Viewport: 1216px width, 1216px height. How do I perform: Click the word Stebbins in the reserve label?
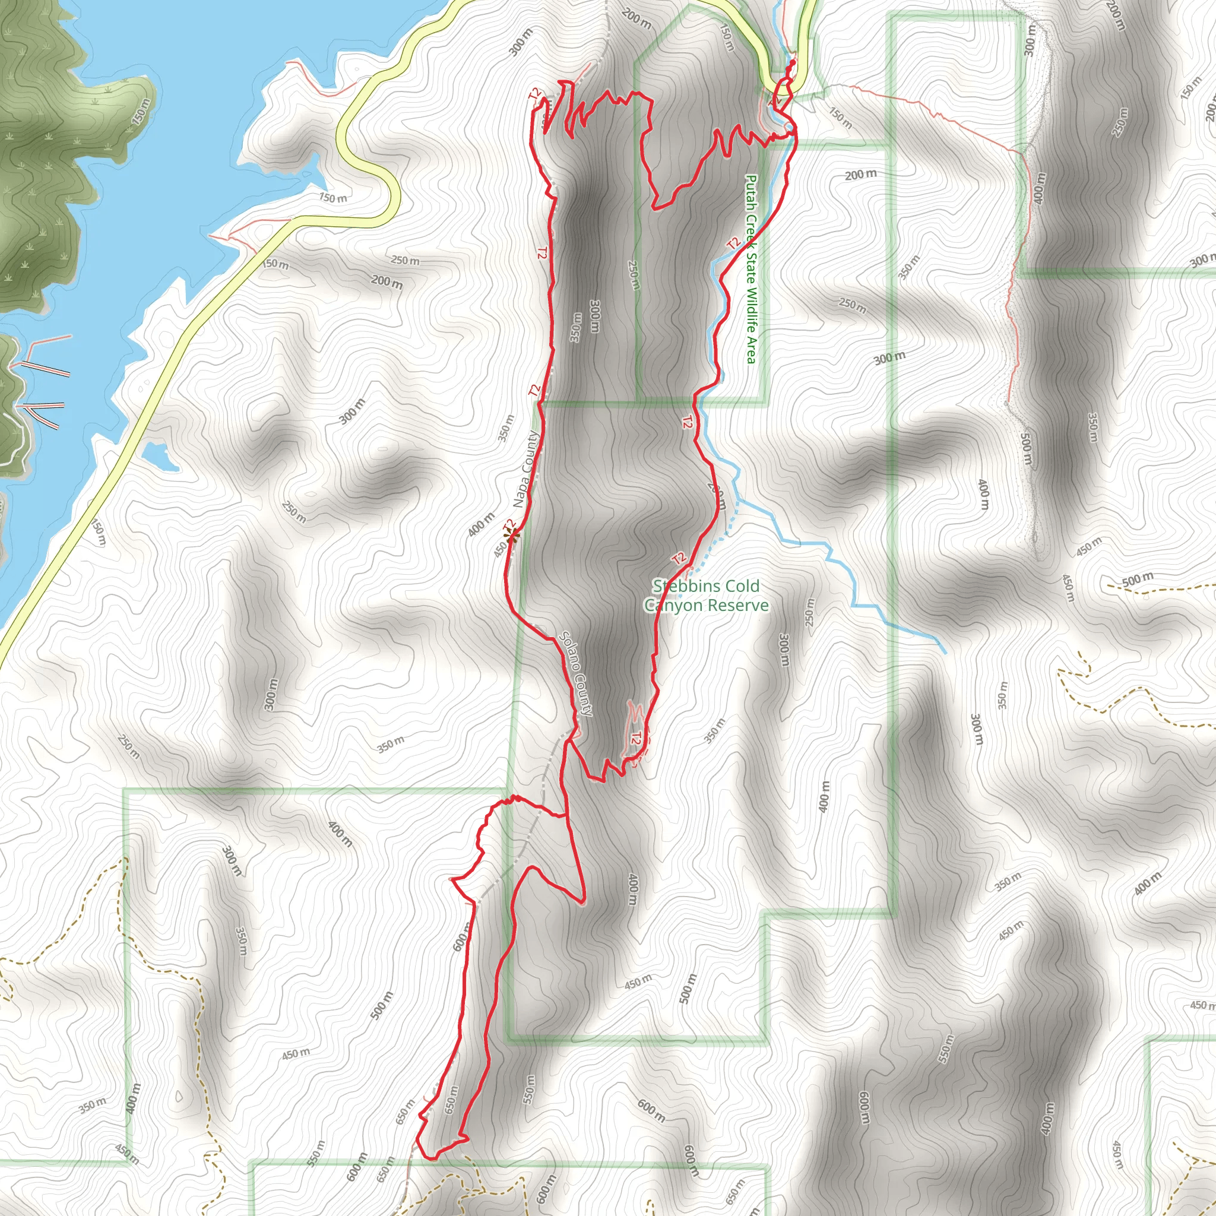click(x=685, y=586)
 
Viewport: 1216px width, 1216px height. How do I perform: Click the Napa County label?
click(x=526, y=469)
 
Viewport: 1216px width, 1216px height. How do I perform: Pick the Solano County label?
click(x=576, y=673)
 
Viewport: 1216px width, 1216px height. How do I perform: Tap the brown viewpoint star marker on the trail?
click(x=511, y=536)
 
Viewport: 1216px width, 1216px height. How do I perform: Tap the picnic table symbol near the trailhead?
click(x=776, y=99)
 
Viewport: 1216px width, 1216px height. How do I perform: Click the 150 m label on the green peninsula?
click(x=142, y=112)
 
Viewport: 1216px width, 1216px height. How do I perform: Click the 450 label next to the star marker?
click(x=501, y=549)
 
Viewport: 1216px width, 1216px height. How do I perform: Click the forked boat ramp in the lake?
click(x=44, y=414)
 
